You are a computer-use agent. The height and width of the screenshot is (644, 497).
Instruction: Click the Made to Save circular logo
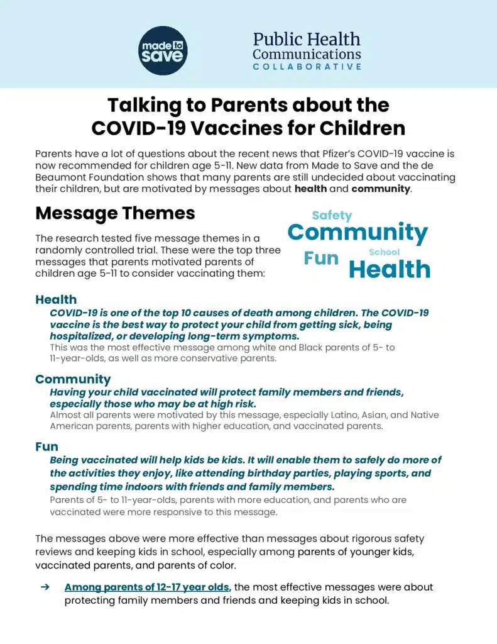click(163, 50)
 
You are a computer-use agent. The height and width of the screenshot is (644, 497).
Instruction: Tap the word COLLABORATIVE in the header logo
click(307, 67)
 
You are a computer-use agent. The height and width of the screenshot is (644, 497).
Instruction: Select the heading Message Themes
click(115, 213)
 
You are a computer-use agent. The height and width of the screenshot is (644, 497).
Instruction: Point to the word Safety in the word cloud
click(332, 215)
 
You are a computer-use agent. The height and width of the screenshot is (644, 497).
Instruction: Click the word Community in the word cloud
click(358, 232)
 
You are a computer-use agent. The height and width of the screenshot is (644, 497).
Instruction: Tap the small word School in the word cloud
click(384, 252)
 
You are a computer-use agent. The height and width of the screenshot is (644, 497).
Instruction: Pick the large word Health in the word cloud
click(390, 269)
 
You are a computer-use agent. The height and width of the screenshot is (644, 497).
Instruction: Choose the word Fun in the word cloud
click(321, 258)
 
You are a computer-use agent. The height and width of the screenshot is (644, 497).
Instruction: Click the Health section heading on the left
click(56, 299)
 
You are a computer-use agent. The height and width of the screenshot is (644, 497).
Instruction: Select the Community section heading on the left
click(73, 379)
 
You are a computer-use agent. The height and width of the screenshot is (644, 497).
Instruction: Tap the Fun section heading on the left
click(46, 447)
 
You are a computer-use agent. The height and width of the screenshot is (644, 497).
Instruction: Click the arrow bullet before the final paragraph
click(45, 587)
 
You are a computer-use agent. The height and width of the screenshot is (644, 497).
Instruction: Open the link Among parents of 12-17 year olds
click(148, 587)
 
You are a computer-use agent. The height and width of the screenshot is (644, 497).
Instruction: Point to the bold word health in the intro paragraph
click(310, 189)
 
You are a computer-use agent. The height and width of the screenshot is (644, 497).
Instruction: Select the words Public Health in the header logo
click(307, 39)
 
